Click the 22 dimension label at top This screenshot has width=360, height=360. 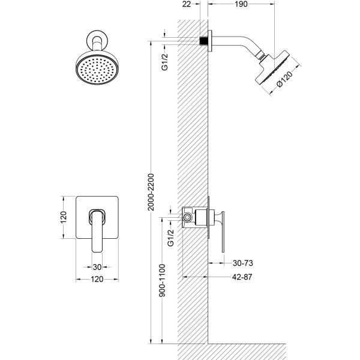187,4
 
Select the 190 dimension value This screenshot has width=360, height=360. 241,4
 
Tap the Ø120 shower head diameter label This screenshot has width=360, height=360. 284,79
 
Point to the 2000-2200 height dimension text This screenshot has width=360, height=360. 151,192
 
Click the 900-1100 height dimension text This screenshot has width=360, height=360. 163,280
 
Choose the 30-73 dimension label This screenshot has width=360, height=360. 242,263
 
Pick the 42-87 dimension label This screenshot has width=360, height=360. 242,277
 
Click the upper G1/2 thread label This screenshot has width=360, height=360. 165,62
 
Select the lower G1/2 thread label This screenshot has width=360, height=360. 171,238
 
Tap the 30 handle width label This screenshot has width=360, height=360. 97,267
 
